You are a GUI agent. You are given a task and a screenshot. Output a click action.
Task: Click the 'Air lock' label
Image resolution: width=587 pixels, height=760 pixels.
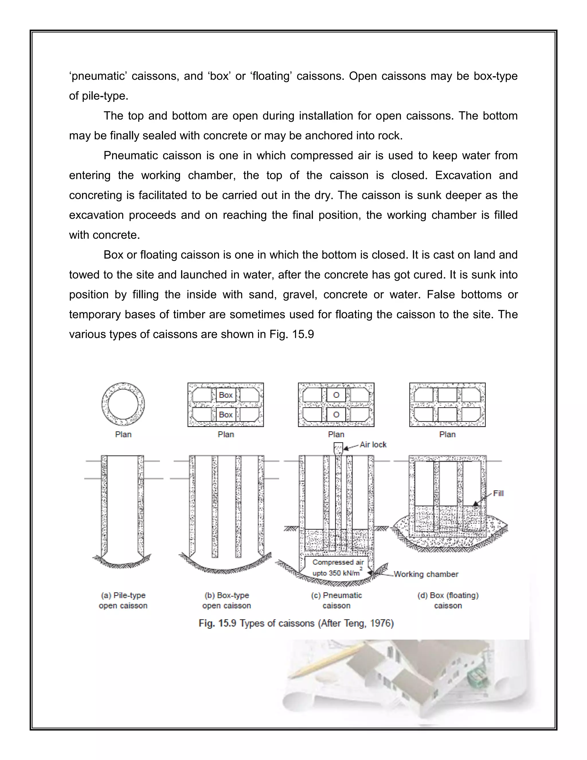373,445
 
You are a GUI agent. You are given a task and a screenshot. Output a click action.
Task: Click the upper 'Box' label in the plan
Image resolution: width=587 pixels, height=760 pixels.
226,395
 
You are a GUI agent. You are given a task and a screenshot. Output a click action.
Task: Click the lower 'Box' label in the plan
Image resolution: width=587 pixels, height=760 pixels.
226,414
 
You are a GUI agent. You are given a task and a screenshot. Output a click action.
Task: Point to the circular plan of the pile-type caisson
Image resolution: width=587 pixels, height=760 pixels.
123,404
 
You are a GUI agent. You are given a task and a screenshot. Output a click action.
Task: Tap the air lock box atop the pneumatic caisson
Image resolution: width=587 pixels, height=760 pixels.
338,448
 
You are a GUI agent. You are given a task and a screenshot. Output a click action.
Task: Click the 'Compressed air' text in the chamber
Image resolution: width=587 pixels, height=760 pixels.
338,562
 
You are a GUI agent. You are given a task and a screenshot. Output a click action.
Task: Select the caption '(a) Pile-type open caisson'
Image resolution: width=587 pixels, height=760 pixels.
123,601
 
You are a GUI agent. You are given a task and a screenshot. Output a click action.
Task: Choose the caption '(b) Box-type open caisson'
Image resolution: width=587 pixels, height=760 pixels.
227,601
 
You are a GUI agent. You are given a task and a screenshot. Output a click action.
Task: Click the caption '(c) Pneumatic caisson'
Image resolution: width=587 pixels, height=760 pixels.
336,601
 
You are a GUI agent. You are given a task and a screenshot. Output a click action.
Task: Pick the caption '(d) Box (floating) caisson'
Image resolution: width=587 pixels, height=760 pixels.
448,601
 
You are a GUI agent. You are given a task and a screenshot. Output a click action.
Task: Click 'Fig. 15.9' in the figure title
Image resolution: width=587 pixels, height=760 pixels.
217,623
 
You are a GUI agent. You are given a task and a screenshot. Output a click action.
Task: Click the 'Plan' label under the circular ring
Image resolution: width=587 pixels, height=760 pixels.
123,434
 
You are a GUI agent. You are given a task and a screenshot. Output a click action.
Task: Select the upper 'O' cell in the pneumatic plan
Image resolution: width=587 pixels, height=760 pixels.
336,395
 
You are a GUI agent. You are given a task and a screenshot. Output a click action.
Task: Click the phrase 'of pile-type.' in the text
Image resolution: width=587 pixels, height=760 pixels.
99,96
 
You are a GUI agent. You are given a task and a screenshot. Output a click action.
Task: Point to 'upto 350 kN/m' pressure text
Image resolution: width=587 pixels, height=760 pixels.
336,573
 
